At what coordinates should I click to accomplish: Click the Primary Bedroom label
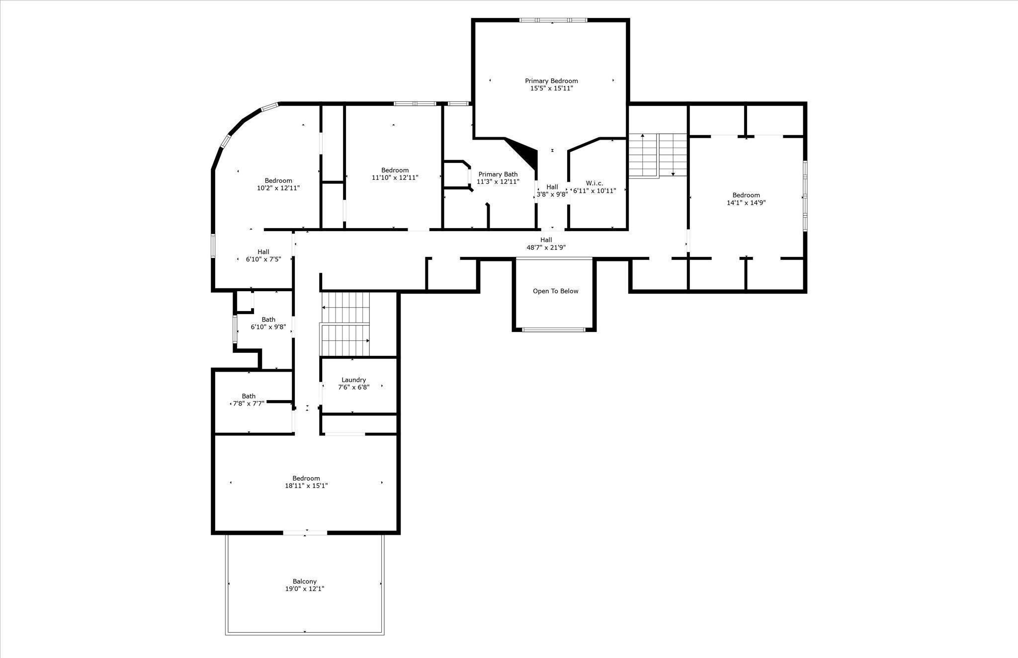(x=551, y=81)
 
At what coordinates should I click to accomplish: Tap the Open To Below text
(x=555, y=291)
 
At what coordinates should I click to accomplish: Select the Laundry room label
(x=354, y=380)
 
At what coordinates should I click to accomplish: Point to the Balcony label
(x=305, y=581)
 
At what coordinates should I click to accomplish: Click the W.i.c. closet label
(x=594, y=183)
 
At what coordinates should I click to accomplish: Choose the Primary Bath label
(x=498, y=174)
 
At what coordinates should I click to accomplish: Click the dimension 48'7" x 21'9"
(x=546, y=247)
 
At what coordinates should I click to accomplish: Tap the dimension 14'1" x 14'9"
(x=746, y=203)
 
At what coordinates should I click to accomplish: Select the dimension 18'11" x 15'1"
(x=306, y=486)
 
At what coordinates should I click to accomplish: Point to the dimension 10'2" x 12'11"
(x=278, y=188)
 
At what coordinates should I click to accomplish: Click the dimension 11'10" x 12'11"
(x=395, y=178)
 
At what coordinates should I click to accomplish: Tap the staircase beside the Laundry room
(x=346, y=325)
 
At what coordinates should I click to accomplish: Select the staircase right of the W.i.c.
(x=658, y=155)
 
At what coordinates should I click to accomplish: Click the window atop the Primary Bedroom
(x=553, y=20)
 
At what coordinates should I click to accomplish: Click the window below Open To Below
(x=554, y=329)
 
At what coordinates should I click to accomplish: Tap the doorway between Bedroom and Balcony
(x=305, y=533)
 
